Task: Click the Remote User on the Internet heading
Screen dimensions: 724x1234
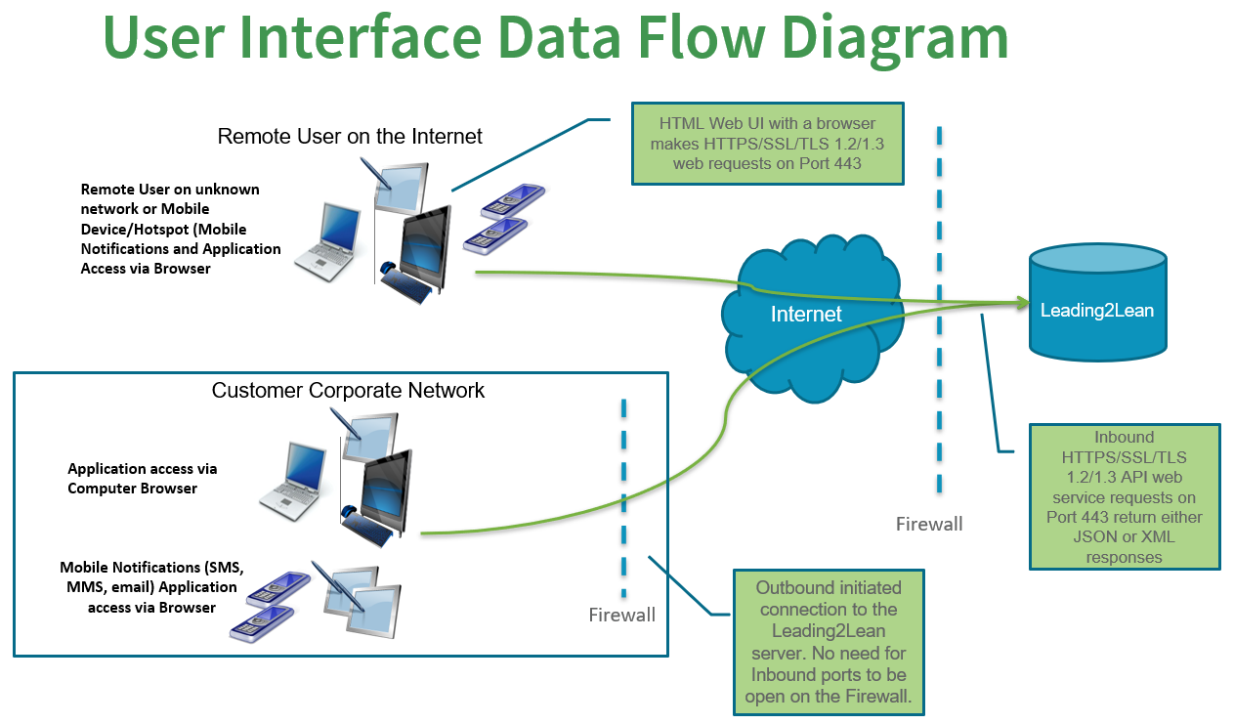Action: click(x=350, y=136)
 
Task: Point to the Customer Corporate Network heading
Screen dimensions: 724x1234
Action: click(x=348, y=391)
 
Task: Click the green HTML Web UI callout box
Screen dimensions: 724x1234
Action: click(x=767, y=144)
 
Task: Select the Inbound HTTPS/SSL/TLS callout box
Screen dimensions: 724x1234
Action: click(x=1125, y=496)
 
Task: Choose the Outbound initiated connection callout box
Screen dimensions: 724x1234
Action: click(x=829, y=642)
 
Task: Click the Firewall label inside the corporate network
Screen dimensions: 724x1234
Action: click(x=621, y=616)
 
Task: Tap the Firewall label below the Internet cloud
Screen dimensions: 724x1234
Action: click(x=929, y=525)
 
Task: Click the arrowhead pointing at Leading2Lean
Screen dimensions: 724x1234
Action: click(x=1022, y=303)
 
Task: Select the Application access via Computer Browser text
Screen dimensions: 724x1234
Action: click(x=143, y=479)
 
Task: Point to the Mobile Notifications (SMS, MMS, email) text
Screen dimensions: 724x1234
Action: click(x=152, y=587)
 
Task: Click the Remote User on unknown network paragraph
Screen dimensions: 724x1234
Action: click(x=181, y=229)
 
